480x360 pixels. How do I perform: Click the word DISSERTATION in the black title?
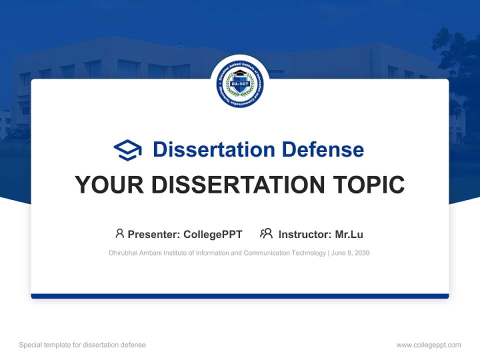[x=234, y=185]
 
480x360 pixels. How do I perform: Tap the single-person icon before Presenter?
[x=119, y=233]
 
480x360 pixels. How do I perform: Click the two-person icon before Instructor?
[x=266, y=233]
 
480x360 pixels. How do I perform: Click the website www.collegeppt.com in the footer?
[x=428, y=345]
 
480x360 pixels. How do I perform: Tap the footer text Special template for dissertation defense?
[x=82, y=345]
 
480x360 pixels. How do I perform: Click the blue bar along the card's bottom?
[x=240, y=296]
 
